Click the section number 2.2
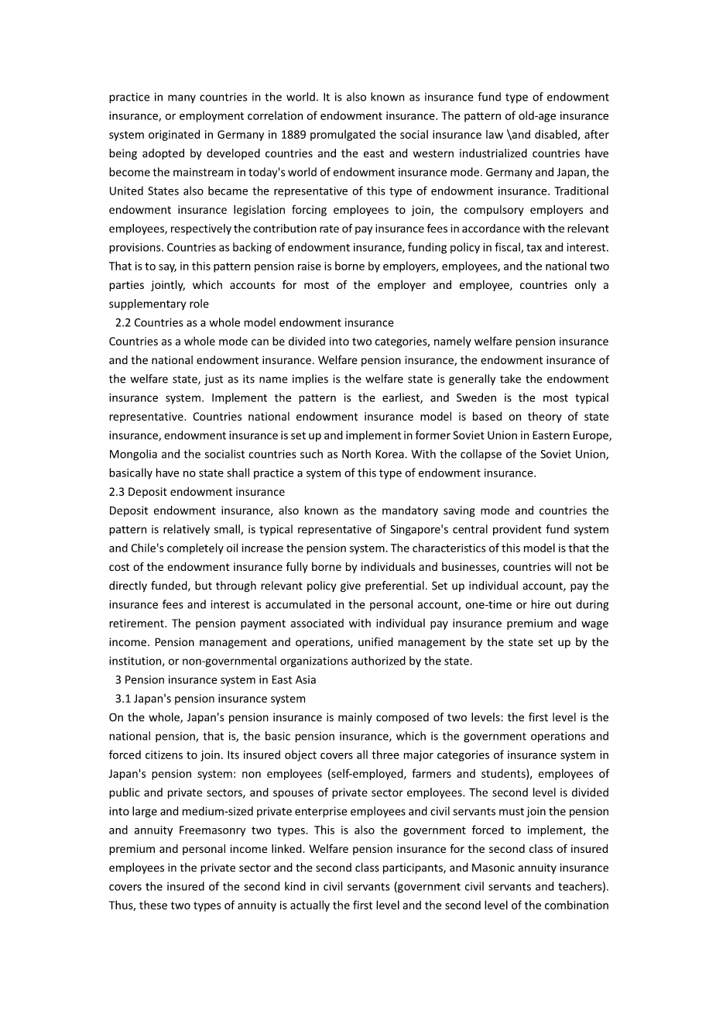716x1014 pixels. click(x=123, y=323)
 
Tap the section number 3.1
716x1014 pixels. click(x=123, y=699)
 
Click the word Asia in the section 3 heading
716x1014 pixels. click(x=304, y=680)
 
